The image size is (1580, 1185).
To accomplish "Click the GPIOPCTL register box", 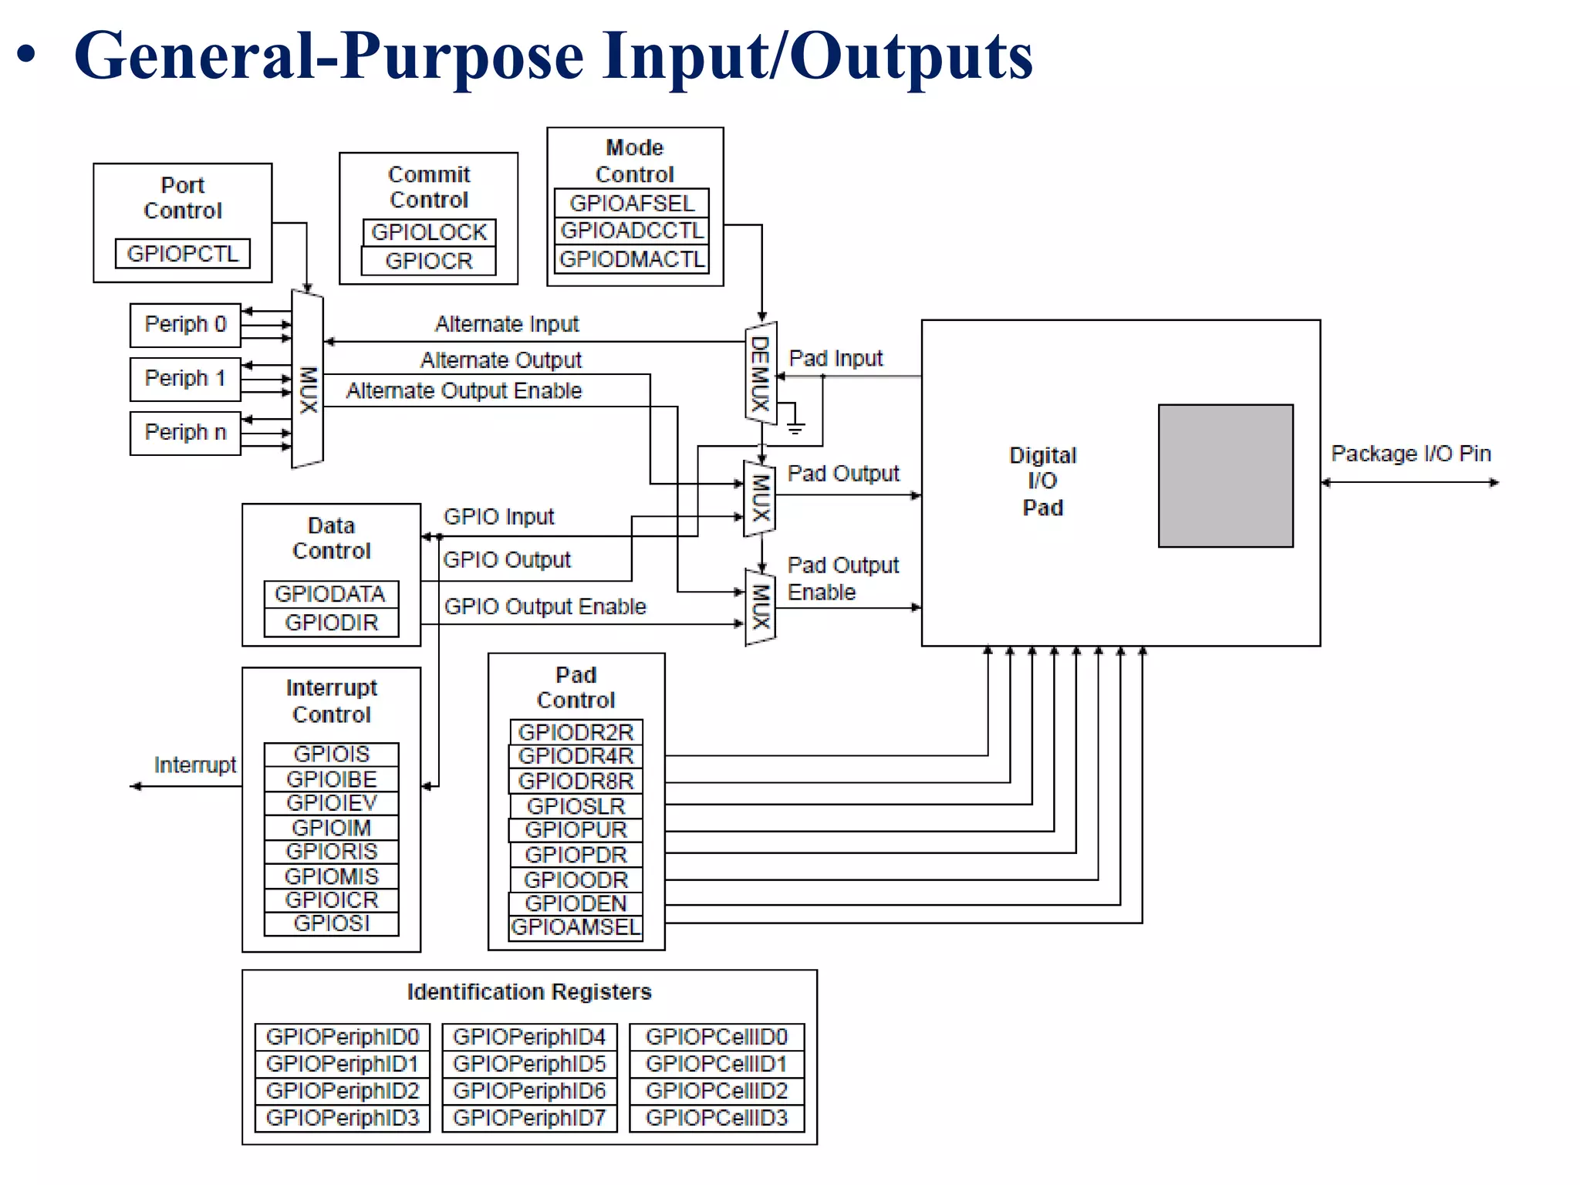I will point(182,253).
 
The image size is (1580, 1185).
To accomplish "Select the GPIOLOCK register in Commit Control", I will point(429,232).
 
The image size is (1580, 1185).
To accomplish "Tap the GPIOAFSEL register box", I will point(631,203).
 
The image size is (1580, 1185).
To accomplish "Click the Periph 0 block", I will point(185,325).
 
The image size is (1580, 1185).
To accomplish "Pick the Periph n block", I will point(185,433).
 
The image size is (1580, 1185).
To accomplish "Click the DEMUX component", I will point(760,373).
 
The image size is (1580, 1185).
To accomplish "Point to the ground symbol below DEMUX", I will point(795,425).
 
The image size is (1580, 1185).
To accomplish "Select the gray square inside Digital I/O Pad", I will point(1225,476).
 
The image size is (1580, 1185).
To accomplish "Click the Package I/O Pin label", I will point(1411,454).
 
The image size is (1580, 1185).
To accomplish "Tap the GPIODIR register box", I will point(331,623).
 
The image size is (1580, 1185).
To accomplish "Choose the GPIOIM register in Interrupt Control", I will point(331,828).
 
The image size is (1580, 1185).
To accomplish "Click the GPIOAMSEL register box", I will point(576,927).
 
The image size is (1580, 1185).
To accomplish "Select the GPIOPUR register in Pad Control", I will point(576,830).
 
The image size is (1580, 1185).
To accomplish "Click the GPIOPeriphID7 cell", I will point(529,1118).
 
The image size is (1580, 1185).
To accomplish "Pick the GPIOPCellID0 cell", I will point(717,1037).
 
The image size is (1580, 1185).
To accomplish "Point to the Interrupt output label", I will point(194,765).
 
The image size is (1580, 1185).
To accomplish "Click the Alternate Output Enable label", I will point(464,391).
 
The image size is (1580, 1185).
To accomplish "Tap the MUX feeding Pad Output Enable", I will point(760,607).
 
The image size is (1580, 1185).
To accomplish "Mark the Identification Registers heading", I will point(529,992).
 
